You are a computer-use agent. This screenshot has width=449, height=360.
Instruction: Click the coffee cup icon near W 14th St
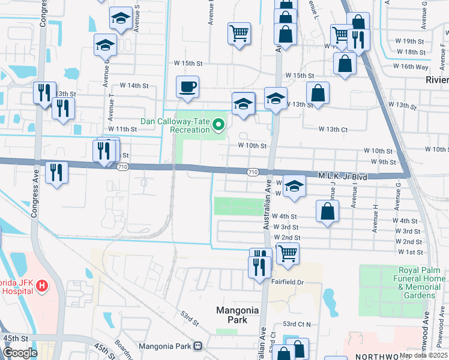tap(187, 86)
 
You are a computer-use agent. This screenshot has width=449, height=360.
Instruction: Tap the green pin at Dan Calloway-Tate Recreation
tap(218, 125)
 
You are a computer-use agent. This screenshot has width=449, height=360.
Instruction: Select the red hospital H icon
tap(41, 286)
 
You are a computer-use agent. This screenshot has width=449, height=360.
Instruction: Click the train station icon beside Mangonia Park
tap(198, 346)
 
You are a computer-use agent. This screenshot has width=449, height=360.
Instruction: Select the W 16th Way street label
tap(410, 67)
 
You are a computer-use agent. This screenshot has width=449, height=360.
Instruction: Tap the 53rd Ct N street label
tap(297, 324)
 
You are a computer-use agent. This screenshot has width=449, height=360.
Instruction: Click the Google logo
tap(20, 353)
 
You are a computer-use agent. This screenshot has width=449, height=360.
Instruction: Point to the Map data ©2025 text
tap(423, 355)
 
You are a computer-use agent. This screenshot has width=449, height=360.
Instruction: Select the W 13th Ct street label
tap(333, 129)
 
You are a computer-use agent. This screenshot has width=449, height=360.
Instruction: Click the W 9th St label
tap(384, 162)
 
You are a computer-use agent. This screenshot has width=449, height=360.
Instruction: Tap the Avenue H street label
tap(375, 218)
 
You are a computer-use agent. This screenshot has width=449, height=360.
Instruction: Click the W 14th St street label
tap(134, 86)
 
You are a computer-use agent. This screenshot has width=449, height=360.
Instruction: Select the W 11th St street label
tap(123, 129)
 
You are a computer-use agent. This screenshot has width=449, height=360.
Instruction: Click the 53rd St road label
tap(190, 318)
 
